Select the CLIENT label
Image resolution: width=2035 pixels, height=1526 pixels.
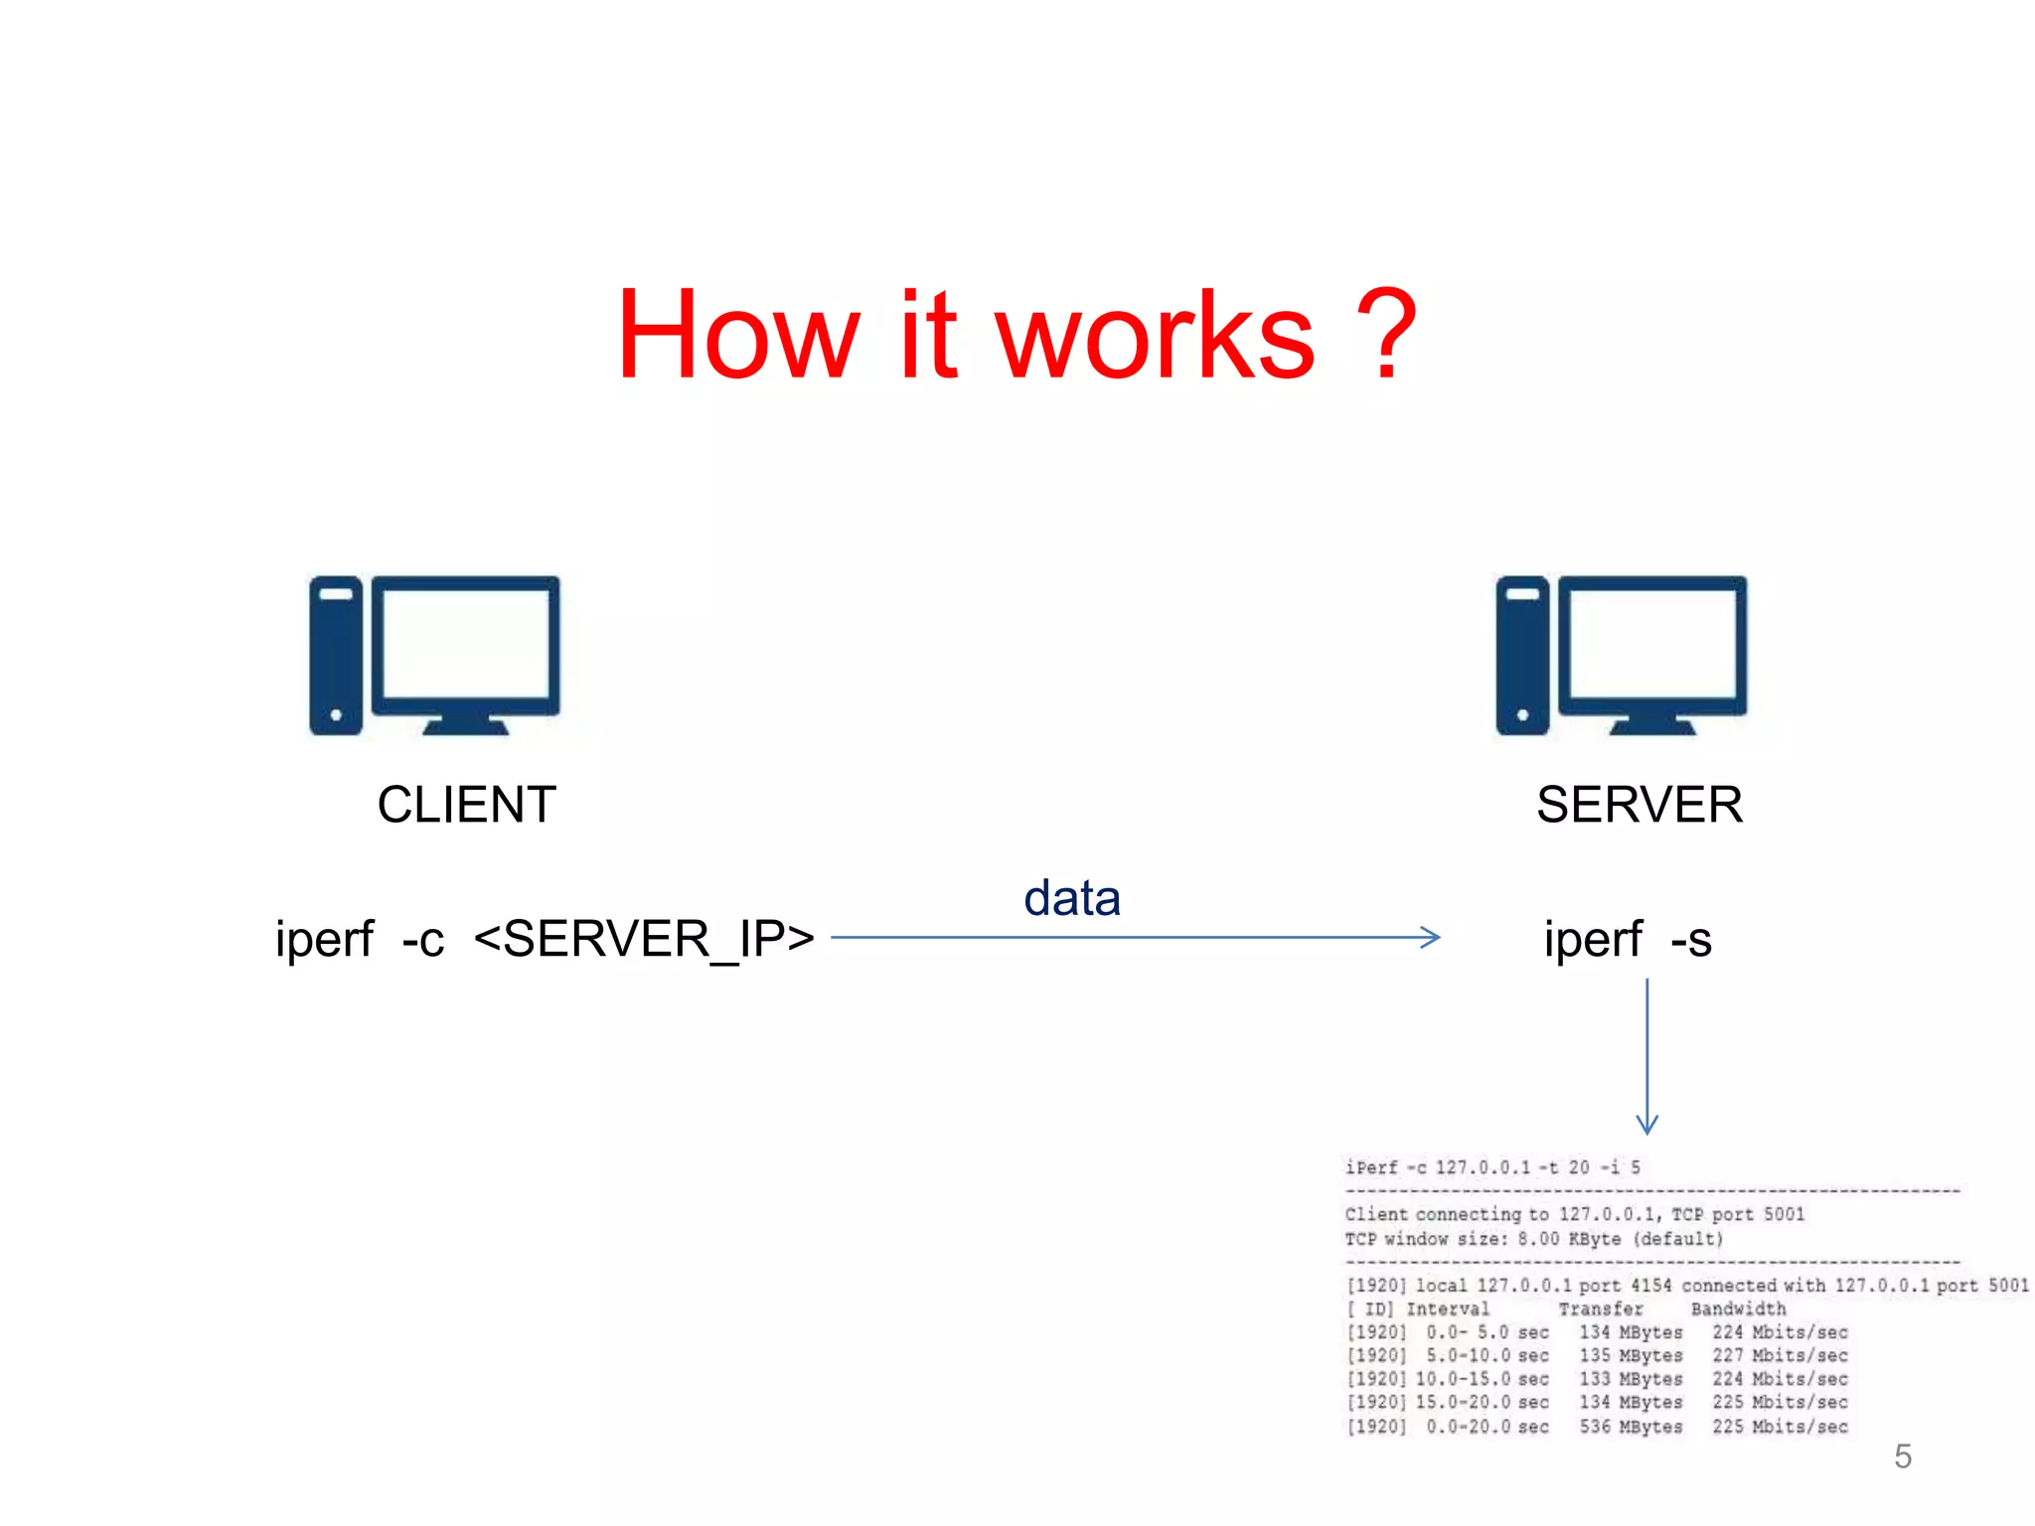click(x=466, y=805)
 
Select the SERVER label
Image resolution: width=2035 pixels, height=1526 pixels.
click(x=1640, y=805)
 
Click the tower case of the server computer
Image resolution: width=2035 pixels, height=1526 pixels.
click(x=1522, y=656)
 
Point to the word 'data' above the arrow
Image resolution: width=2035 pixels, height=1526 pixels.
click(x=1072, y=898)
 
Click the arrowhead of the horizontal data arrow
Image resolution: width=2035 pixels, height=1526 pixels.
click(x=1432, y=937)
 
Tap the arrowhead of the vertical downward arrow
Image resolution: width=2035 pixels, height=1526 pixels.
click(x=1646, y=1126)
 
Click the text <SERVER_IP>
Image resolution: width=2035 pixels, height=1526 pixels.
click(x=644, y=939)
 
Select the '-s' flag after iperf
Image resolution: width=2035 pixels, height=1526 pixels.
click(x=1691, y=940)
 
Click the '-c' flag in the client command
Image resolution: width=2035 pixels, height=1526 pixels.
click(x=423, y=940)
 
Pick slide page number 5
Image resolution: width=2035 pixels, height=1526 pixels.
click(x=1902, y=1456)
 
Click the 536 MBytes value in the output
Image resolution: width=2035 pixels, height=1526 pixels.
click(x=1631, y=1427)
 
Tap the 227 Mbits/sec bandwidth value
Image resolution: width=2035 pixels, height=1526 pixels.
click(x=1780, y=1356)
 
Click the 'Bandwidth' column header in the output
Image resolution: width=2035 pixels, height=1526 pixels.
click(x=1738, y=1309)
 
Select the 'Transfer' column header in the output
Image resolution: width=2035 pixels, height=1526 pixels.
click(x=1600, y=1309)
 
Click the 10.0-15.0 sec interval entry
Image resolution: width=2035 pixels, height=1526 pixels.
click(x=1482, y=1379)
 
